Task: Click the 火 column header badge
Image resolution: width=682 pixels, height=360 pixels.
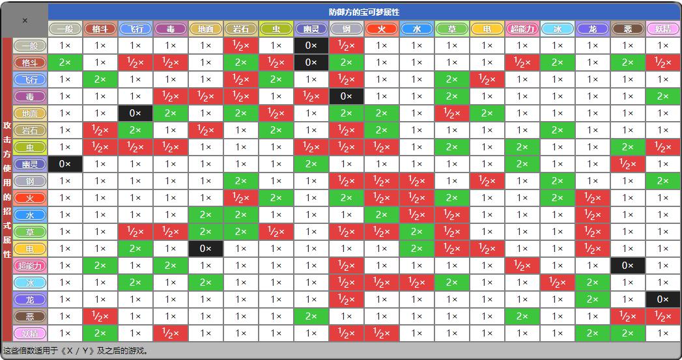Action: (382, 29)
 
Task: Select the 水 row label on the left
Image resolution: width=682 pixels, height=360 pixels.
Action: (30, 215)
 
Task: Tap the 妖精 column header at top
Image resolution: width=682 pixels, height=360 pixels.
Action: (663, 29)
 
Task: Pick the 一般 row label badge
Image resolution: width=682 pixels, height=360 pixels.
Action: (30, 46)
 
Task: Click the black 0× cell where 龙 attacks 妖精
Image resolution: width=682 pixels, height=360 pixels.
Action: (663, 299)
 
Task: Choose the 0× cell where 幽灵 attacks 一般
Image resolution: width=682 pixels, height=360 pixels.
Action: (65, 164)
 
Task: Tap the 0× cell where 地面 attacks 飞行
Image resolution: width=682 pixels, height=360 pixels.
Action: (135, 113)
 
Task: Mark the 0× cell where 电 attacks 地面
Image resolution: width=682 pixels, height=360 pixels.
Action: (206, 249)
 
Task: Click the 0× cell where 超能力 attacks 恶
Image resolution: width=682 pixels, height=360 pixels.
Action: (628, 266)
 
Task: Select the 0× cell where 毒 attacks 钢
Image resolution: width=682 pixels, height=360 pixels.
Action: (347, 96)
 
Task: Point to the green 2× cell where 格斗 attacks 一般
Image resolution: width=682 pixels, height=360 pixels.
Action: (65, 62)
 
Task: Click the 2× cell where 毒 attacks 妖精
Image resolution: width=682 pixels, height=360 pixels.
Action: (663, 96)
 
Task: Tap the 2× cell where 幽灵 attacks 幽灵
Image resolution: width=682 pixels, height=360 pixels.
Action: (311, 164)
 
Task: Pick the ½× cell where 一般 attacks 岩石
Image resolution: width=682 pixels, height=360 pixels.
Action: (241, 46)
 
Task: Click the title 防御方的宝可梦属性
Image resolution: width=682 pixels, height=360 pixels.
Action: (364, 12)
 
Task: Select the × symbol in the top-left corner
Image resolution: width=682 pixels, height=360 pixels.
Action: (25, 20)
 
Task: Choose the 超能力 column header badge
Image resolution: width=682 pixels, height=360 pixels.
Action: (522, 29)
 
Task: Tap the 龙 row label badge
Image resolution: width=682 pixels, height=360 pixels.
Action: (30, 299)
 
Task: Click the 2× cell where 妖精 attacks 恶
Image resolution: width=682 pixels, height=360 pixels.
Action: (628, 333)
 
